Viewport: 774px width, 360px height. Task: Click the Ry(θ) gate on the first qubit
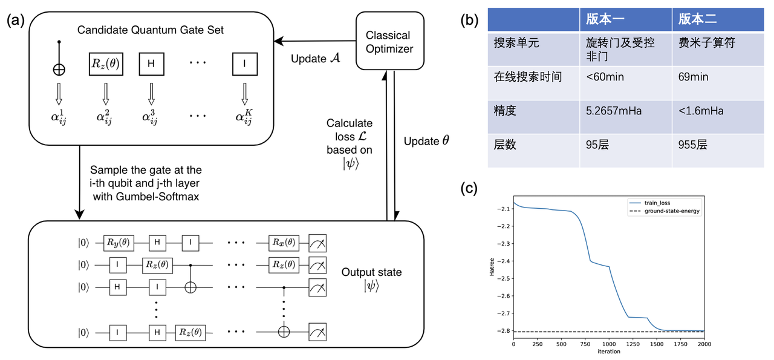pos(117,243)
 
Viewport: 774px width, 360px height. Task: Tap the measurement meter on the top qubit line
pos(319,243)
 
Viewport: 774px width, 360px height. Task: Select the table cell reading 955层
pos(693,146)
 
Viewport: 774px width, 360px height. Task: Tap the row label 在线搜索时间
pos(528,77)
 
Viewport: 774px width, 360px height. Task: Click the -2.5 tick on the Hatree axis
pos(501,278)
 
